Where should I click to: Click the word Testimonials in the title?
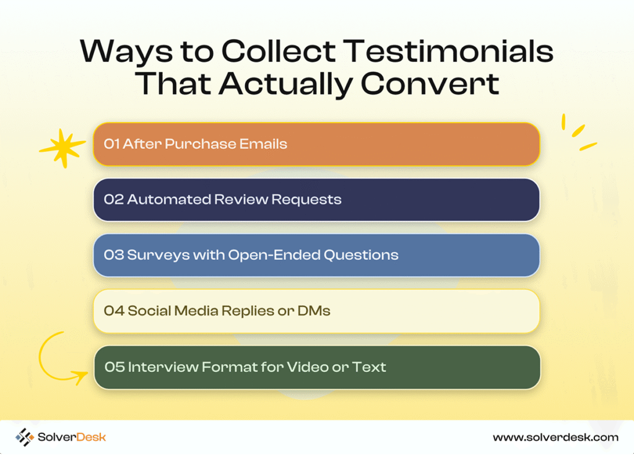(450, 51)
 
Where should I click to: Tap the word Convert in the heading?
(430, 84)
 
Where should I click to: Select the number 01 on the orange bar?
(111, 144)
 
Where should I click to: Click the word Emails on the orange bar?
(263, 144)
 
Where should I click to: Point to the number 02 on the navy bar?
(114, 199)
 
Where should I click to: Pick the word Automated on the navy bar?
(169, 199)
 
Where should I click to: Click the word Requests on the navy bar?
(306, 200)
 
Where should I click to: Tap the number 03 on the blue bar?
(114, 255)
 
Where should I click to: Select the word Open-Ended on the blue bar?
(274, 255)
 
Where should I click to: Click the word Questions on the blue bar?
(361, 255)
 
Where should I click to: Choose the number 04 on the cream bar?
(114, 311)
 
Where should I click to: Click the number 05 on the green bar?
(115, 367)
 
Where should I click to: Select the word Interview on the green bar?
(163, 367)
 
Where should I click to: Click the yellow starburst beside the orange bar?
(62, 148)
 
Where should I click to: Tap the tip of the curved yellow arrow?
(87, 373)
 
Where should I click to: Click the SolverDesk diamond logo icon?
(24, 437)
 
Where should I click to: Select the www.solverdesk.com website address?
(555, 437)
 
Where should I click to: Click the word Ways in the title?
(126, 52)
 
